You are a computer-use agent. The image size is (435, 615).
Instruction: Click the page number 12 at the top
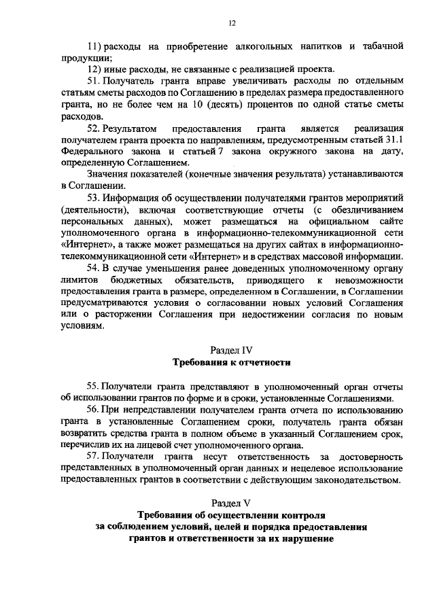[231, 23]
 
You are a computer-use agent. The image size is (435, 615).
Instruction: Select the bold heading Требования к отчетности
[231, 362]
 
